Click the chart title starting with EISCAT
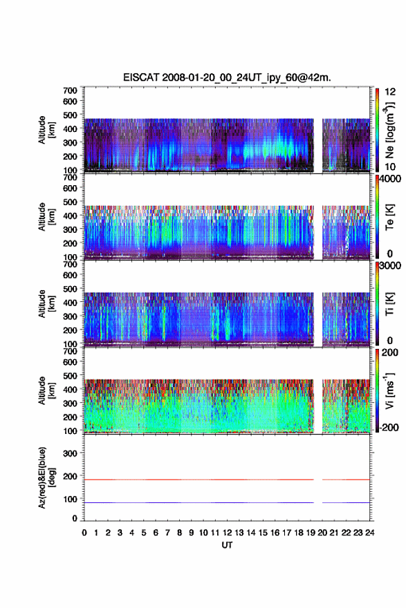(227, 77)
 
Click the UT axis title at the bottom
(227, 545)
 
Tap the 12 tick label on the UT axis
(227, 533)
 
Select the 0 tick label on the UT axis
(84, 533)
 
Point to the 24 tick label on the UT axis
(369, 533)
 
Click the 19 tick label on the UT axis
(311, 533)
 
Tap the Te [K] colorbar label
(389, 217)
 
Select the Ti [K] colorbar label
(389, 304)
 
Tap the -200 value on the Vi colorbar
(388, 427)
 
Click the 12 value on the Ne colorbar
(390, 92)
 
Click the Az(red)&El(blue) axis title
(46, 477)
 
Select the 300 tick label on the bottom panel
(70, 453)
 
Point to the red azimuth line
(227, 479)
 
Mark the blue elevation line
(227, 502)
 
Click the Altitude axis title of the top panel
(46, 130)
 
